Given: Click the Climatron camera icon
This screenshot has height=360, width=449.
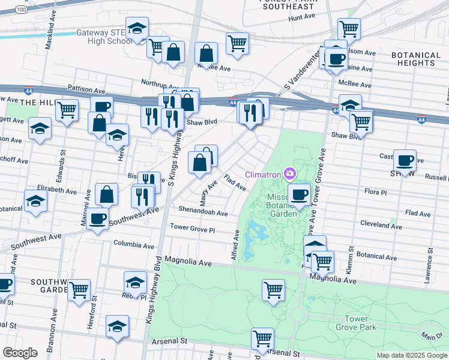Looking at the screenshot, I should point(291,175).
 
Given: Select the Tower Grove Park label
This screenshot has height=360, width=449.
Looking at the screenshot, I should point(360,323).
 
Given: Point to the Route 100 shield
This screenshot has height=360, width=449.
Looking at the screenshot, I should point(22,10).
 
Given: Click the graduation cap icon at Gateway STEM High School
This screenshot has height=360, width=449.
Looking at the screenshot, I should point(137,28).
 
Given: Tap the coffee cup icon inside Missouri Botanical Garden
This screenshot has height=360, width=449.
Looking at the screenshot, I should point(299,194).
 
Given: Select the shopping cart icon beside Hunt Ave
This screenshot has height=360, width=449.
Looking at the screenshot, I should point(348,28).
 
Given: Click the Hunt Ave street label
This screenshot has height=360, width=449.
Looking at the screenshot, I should point(302,19).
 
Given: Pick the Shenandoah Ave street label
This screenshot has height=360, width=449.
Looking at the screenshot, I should point(203,212).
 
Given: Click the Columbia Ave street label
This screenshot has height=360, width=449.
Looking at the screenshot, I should point(134,245).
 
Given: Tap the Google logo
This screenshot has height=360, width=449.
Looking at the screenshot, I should point(20,353).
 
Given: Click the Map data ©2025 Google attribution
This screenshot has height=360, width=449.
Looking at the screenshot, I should point(411,355).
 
